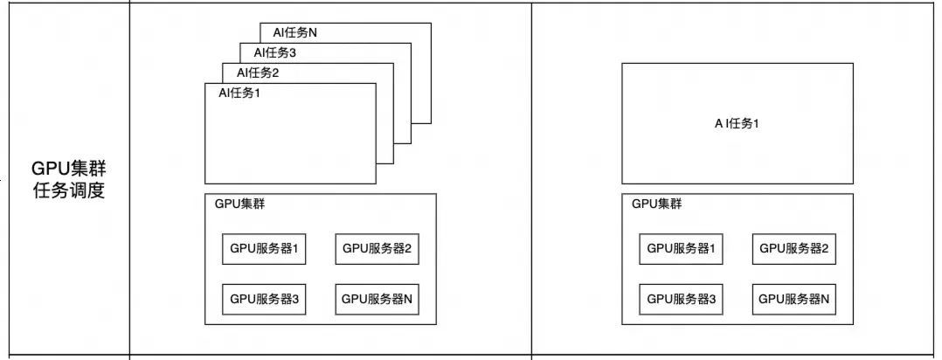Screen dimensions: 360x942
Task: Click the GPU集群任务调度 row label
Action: coord(68,179)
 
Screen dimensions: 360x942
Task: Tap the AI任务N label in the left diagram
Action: coord(295,34)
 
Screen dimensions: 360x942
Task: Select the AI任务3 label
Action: coord(275,53)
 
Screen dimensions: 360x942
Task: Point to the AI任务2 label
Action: coord(258,73)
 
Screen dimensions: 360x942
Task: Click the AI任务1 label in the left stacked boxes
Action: coord(239,93)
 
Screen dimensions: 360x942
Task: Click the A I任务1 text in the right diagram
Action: coord(737,123)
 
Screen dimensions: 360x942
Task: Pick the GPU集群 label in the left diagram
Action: coord(240,204)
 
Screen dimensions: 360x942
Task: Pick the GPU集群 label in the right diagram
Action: coord(657,204)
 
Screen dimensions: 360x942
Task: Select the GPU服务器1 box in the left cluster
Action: coord(264,249)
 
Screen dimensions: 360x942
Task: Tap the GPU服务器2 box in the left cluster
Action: coord(377,249)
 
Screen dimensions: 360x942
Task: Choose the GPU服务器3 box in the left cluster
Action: coord(264,299)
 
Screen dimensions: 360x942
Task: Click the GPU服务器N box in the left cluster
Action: coord(377,299)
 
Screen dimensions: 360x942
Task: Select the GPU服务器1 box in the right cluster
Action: coord(681,249)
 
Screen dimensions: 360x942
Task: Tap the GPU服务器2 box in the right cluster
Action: coord(793,249)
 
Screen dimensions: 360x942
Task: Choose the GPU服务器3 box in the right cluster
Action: coord(681,299)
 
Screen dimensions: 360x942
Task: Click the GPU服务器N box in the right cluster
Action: coord(793,299)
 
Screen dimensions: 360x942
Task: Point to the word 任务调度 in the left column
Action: coord(68,190)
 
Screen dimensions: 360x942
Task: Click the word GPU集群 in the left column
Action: coord(68,168)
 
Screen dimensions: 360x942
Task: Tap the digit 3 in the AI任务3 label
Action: coord(294,53)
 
